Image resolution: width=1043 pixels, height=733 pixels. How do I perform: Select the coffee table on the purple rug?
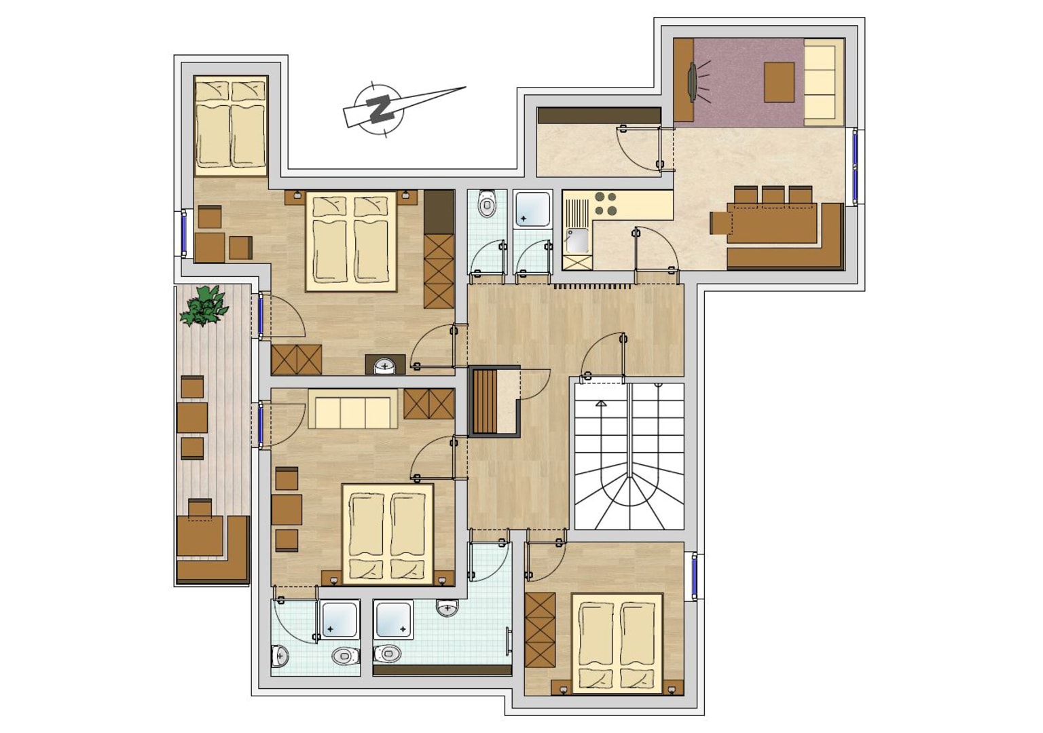779,82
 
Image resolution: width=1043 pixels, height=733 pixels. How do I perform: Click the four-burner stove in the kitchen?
605,204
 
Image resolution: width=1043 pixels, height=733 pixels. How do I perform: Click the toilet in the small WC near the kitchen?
487,204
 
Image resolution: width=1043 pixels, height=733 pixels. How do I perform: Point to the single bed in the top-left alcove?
230,126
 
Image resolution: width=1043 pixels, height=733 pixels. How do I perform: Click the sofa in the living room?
824,82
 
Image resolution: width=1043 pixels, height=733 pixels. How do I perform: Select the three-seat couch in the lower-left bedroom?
353,409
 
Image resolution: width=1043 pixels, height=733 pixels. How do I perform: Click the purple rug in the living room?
749,82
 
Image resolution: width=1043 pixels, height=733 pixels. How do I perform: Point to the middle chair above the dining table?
773,195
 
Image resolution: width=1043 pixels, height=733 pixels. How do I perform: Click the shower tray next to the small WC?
532,209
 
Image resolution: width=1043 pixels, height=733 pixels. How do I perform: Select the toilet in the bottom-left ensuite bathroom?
346,656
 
